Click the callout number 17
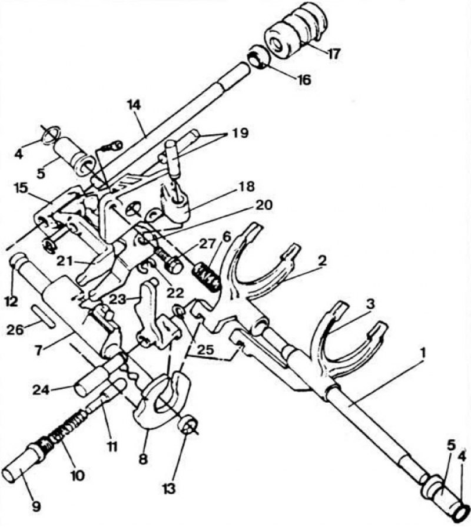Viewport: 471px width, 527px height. tap(334, 54)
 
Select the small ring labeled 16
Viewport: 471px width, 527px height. tap(259, 57)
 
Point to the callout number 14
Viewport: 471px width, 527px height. tap(134, 105)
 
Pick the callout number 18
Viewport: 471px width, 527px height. tap(248, 186)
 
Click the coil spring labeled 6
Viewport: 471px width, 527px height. tap(207, 277)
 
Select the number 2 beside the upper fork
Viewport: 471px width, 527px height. tap(322, 261)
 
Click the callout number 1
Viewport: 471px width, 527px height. tap(423, 353)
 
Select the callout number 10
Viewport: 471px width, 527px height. tap(77, 475)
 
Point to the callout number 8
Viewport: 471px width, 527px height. tap(143, 459)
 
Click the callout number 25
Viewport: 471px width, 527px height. tap(205, 350)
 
